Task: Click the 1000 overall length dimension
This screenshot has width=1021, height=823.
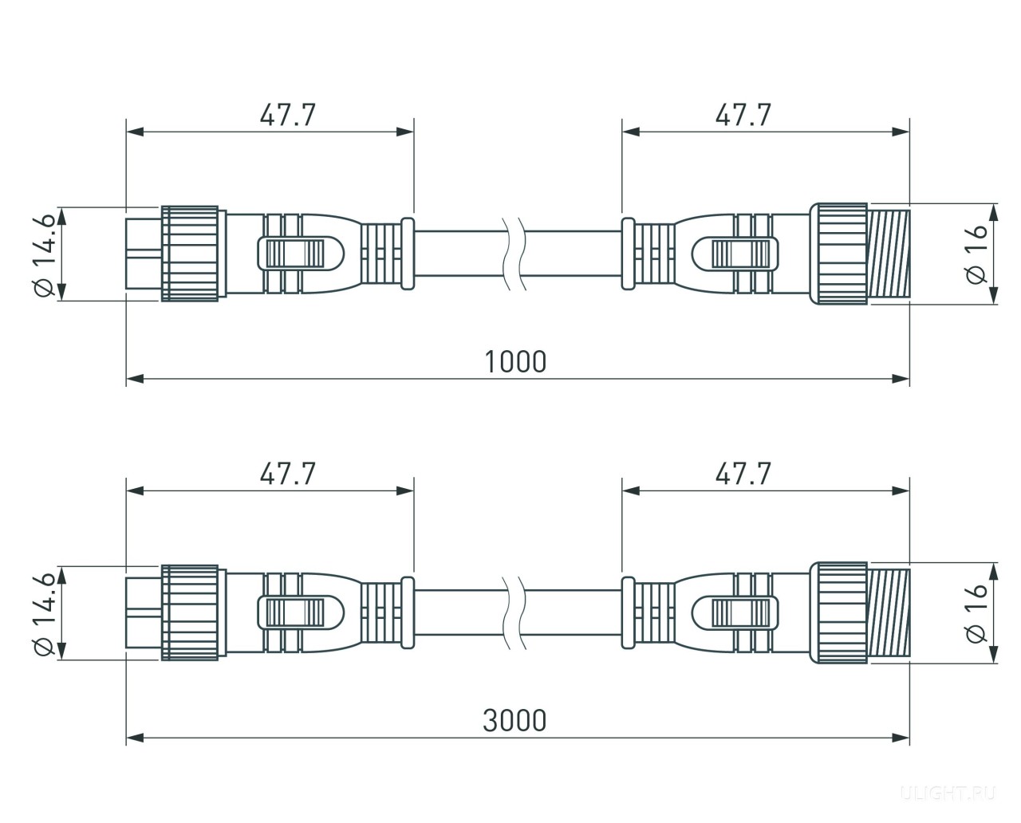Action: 515,362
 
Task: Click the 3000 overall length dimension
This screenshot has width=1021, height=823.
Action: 514,721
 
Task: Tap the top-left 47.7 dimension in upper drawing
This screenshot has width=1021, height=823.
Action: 287,115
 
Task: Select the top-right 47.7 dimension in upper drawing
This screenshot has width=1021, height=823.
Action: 743,115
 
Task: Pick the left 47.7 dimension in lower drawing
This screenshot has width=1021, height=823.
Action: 287,474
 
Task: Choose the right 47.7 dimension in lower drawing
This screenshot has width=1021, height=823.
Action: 743,474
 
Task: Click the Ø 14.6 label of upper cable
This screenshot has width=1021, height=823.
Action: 46,254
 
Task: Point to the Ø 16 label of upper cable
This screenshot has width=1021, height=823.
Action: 976,254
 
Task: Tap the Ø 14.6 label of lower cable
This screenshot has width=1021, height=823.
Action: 46,613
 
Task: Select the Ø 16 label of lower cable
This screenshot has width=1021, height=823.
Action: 976,614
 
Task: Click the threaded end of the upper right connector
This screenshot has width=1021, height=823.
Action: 889,254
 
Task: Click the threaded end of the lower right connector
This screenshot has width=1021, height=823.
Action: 889,612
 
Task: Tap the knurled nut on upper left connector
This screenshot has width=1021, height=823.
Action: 190,254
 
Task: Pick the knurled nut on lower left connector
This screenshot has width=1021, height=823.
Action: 190,612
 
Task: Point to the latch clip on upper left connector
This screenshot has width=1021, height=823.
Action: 301,254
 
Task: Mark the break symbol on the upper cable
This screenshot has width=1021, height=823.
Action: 514,254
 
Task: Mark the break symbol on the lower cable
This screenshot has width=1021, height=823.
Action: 514,612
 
